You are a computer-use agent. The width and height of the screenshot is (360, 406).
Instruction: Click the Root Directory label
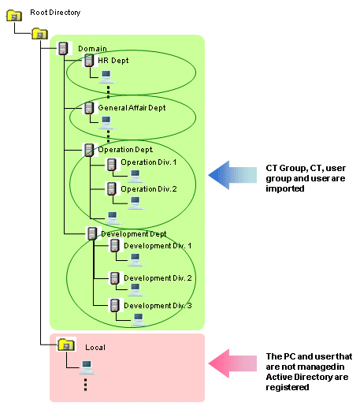click(55, 13)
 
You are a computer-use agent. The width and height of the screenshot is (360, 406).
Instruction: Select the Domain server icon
click(63, 48)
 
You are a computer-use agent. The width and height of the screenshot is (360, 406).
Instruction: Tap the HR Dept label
click(113, 61)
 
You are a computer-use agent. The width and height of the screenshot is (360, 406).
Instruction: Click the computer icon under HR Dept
click(106, 76)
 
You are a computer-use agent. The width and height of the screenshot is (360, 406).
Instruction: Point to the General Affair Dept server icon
click(89, 107)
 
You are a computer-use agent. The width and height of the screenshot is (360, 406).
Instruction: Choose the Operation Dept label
click(125, 150)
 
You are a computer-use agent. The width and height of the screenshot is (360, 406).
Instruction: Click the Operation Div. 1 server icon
click(112, 165)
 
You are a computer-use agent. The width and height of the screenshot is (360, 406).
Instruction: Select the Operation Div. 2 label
click(149, 189)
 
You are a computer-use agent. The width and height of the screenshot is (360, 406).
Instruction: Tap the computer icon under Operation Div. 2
click(135, 203)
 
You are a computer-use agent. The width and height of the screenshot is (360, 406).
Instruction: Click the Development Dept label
click(134, 234)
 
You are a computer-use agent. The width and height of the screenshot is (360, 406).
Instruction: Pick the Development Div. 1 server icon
click(115, 246)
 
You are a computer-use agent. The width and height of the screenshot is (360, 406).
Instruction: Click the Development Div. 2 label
click(158, 278)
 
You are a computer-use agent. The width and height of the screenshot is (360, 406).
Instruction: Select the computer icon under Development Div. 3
click(139, 320)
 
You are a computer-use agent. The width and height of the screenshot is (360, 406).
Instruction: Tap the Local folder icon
click(66, 345)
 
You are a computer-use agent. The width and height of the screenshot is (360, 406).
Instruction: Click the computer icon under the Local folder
click(87, 367)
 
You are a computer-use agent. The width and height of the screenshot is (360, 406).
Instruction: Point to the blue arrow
click(232, 175)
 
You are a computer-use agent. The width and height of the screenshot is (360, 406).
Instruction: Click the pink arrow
click(232, 363)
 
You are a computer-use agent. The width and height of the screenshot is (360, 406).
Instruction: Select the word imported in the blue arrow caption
click(285, 188)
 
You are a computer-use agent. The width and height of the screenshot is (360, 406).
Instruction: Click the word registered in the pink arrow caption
click(288, 387)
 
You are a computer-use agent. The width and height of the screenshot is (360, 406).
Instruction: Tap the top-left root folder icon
click(14, 16)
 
